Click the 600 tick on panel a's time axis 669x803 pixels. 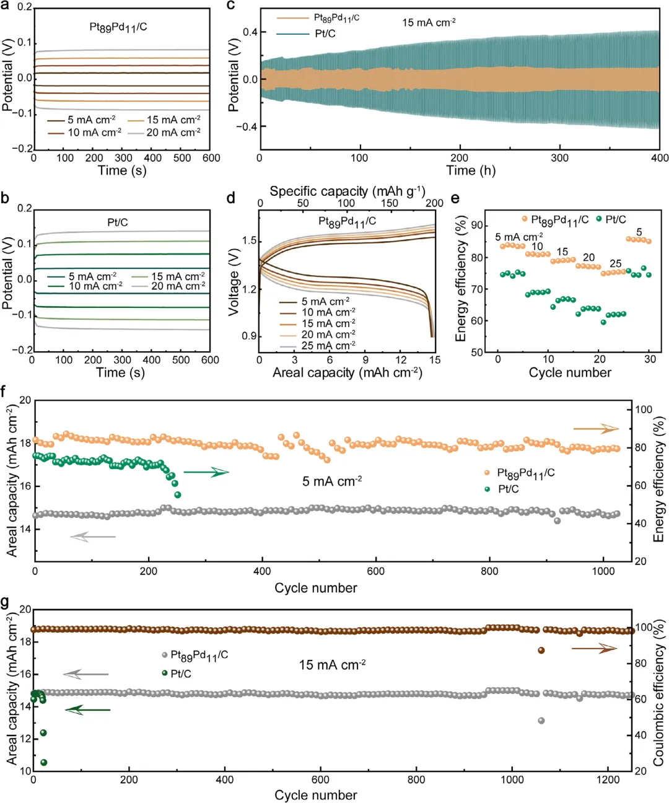(211, 158)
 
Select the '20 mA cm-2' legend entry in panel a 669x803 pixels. (173, 133)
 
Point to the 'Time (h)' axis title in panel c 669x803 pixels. (471, 170)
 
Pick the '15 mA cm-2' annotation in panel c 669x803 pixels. (429, 23)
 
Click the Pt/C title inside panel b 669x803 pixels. (118, 222)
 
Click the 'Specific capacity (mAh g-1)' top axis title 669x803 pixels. (347, 191)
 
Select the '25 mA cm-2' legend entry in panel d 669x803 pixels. (328, 346)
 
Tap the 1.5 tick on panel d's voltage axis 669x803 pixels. (250, 241)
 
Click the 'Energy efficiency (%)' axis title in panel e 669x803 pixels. (461, 279)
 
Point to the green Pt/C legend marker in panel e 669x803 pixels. (599, 219)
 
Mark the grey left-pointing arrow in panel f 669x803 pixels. (93, 537)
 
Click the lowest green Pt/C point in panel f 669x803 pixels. (178, 494)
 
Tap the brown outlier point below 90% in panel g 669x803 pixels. (541, 651)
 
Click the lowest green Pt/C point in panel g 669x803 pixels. (43, 763)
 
